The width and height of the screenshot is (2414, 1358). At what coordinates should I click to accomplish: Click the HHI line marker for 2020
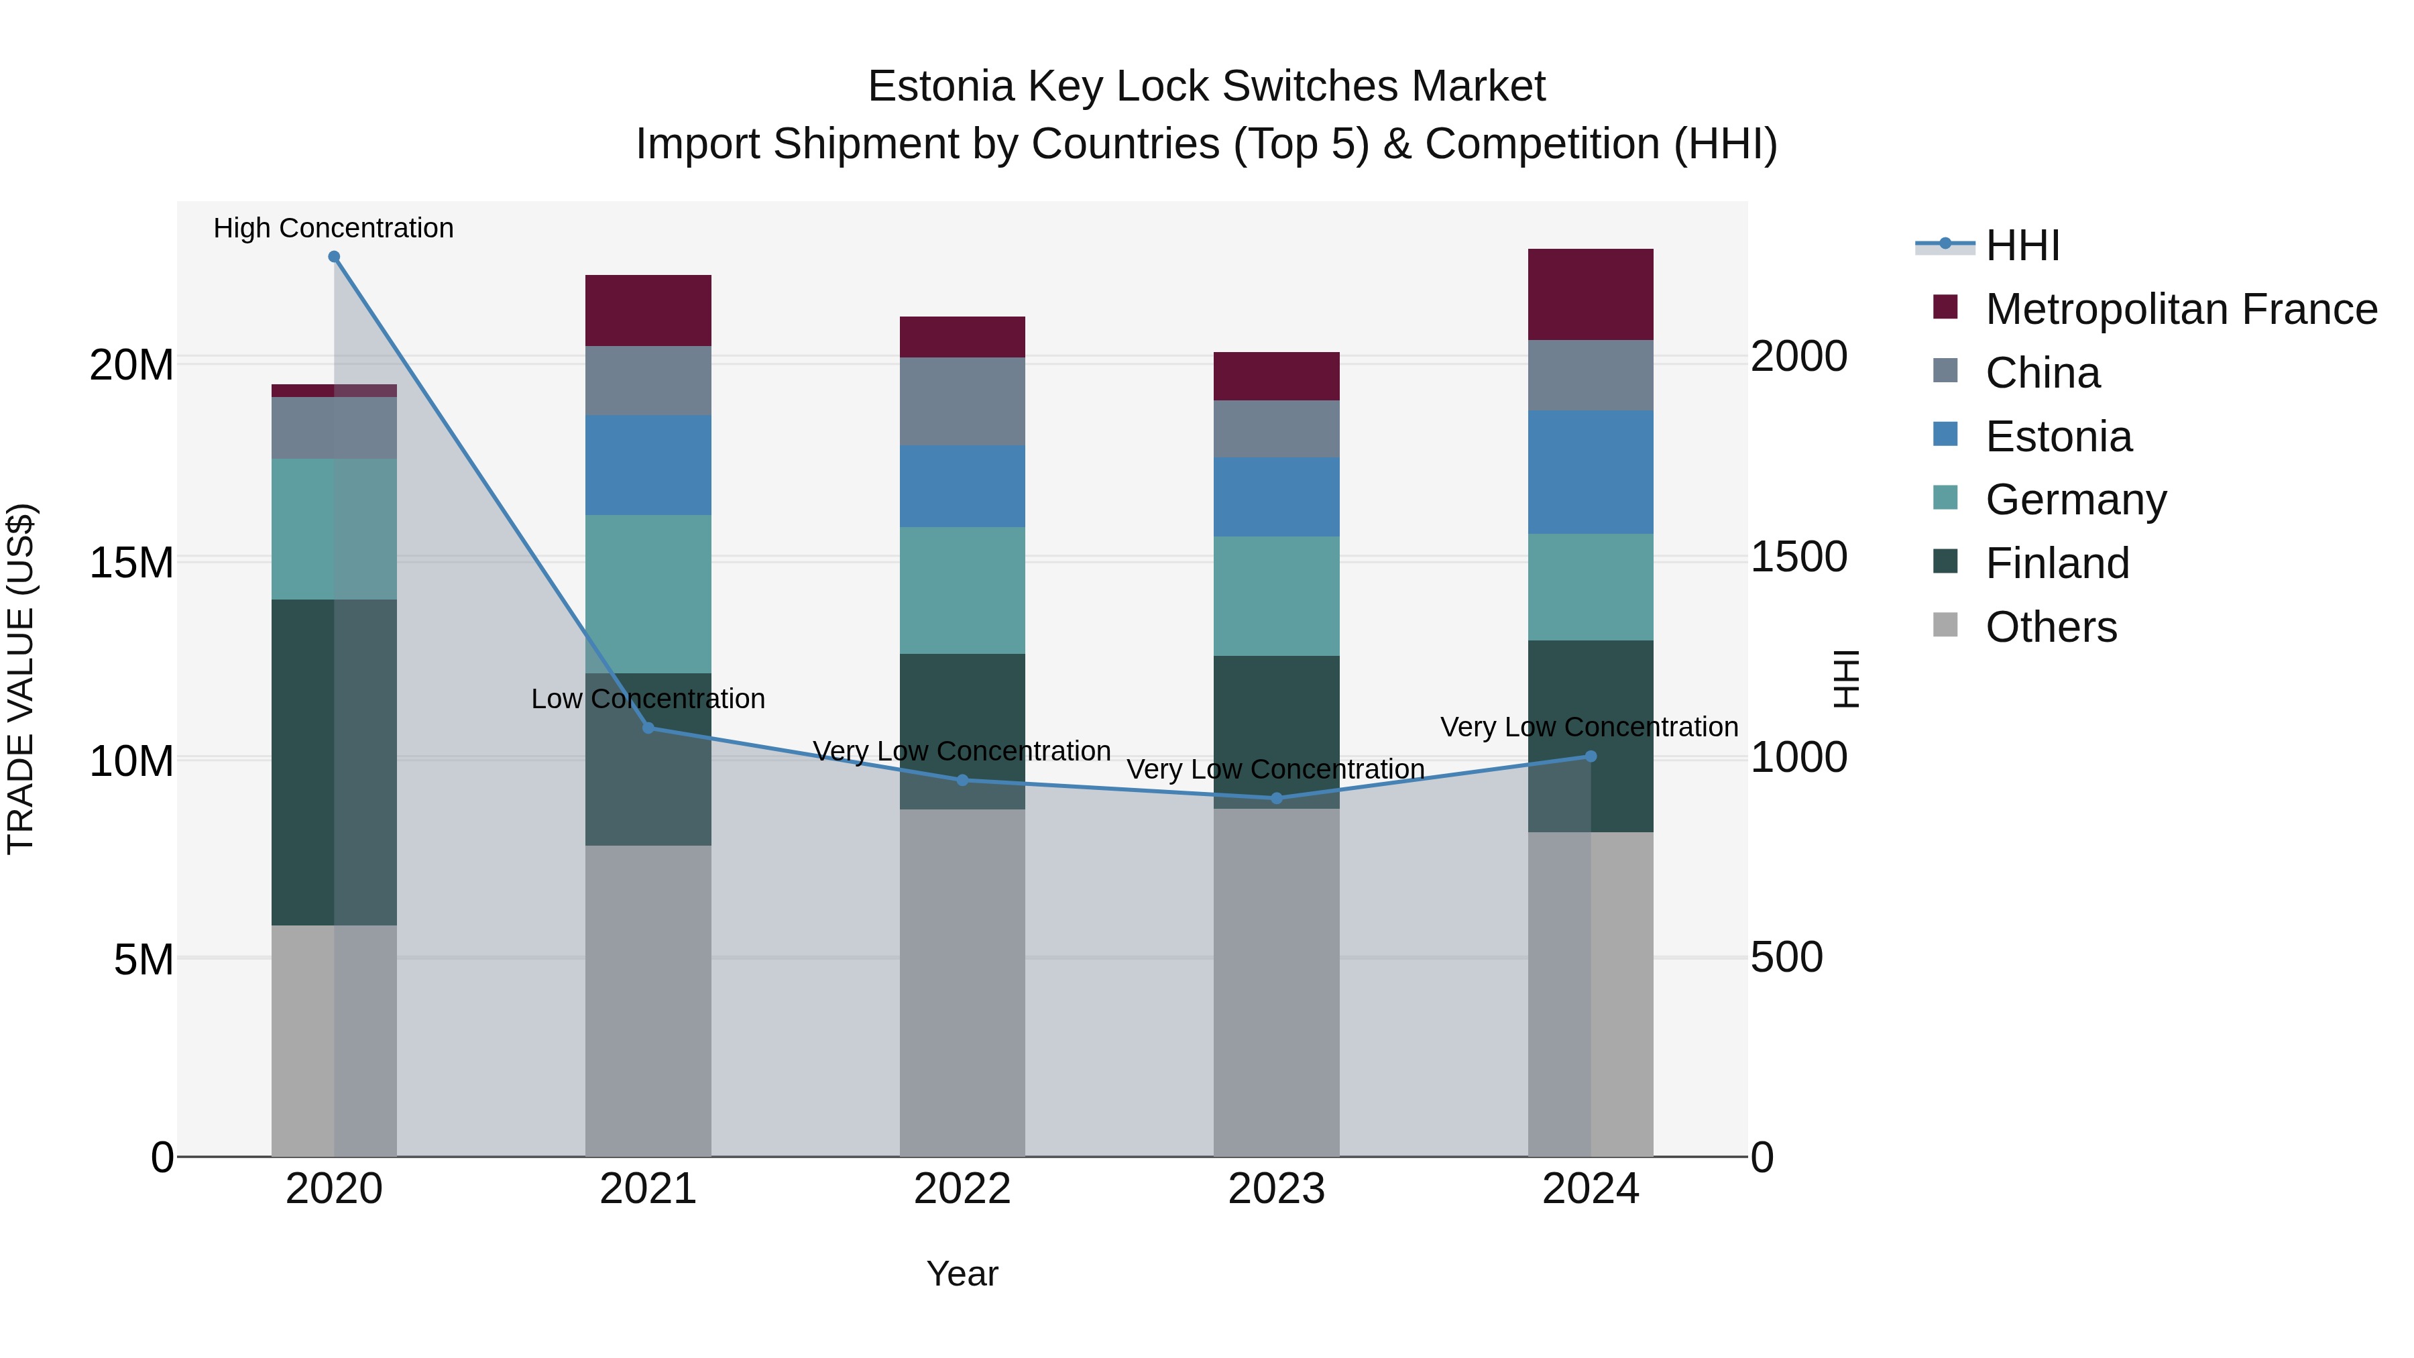[x=334, y=257]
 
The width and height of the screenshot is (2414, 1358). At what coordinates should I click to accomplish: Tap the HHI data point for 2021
[x=648, y=728]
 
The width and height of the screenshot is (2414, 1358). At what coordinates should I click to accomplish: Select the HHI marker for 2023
[x=1276, y=799]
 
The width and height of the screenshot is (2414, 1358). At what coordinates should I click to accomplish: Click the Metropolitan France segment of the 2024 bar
[x=1591, y=294]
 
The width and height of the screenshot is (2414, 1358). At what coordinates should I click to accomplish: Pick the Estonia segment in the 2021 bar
[x=648, y=465]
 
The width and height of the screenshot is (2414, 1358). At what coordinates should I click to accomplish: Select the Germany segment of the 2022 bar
[x=962, y=590]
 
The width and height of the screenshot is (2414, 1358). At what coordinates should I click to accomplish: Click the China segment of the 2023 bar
[x=1276, y=429]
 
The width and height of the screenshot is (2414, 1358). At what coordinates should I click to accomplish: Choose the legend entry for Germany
[x=2075, y=500]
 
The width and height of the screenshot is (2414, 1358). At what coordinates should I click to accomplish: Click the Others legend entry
[x=2051, y=627]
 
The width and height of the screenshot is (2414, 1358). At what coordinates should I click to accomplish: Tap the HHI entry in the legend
[x=2022, y=245]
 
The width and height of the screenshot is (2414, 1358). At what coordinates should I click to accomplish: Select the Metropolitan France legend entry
[x=2181, y=309]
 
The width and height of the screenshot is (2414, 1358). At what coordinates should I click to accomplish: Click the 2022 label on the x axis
[x=962, y=1189]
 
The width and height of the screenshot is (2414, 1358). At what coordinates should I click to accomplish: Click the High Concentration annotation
[x=334, y=228]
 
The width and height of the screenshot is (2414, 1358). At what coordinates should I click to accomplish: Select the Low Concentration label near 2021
[x=648, y=699]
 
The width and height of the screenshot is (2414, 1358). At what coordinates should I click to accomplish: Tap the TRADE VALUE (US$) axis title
[x=21, y=679]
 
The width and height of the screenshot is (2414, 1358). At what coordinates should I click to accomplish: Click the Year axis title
[x=962, y=1274]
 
